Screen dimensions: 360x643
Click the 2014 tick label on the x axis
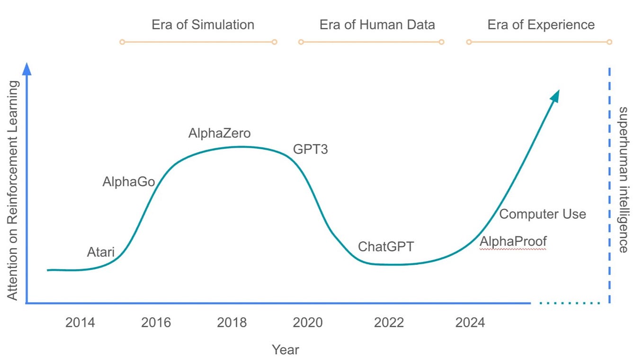80,323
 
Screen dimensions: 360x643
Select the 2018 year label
232,323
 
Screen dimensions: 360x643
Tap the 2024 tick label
470,323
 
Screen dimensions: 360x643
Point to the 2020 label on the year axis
307,323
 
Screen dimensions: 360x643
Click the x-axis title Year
286,350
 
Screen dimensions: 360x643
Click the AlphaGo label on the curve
129,182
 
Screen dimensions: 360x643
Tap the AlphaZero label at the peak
219,134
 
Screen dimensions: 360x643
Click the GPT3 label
310,150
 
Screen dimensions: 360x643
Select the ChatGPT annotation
385,247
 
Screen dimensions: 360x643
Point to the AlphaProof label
513,242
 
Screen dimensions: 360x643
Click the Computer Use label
543,214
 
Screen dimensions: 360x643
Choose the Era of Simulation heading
203,25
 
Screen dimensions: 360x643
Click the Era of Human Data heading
377,25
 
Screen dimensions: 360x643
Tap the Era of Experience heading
541,25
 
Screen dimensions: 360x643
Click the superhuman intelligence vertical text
624,180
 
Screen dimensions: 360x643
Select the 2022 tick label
389,323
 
